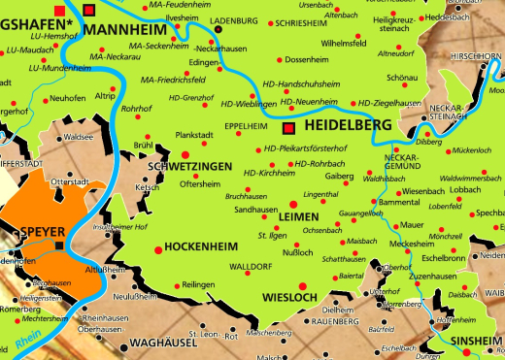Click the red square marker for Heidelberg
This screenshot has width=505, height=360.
(288, 127)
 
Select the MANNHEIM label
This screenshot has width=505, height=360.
(124, 31)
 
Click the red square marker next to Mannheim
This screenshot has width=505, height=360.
(90, 10)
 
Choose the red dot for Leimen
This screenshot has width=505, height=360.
(292, 204)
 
